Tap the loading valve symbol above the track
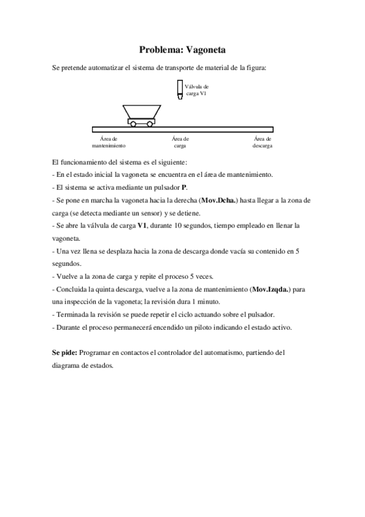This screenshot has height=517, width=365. tap(179, 90)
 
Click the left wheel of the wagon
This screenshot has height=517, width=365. tap(133, 124)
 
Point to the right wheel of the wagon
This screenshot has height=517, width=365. tap(149, 124)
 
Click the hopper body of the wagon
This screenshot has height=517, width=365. tap(141, 112)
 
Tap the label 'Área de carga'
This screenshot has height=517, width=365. tap(180, 143)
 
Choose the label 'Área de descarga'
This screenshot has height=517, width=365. tap(262, 143)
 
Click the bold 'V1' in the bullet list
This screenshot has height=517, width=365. tap(143, 226)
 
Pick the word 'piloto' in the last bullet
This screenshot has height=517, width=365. tap(203, 327)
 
